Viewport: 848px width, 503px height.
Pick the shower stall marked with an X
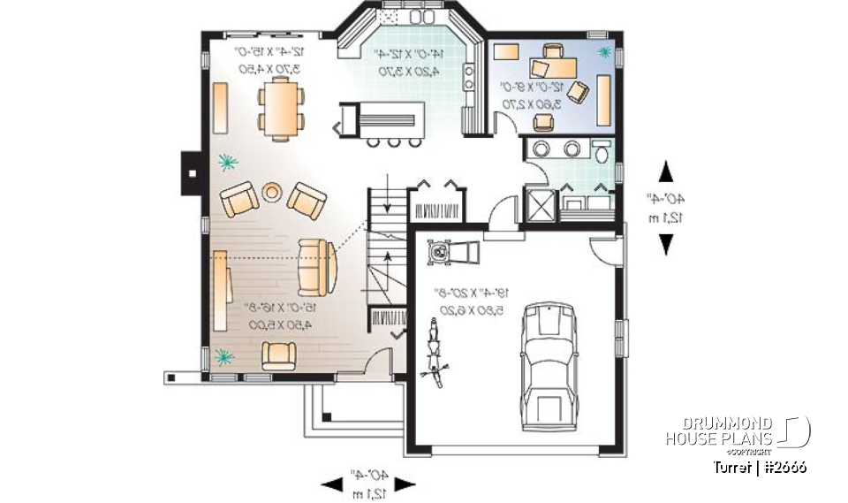539,205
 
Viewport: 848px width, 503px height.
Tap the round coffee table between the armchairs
272,191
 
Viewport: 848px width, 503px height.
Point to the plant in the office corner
605,55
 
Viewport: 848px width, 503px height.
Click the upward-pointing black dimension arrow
664,171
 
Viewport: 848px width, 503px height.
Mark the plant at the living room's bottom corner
224,356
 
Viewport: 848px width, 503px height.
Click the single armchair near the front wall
279,354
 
